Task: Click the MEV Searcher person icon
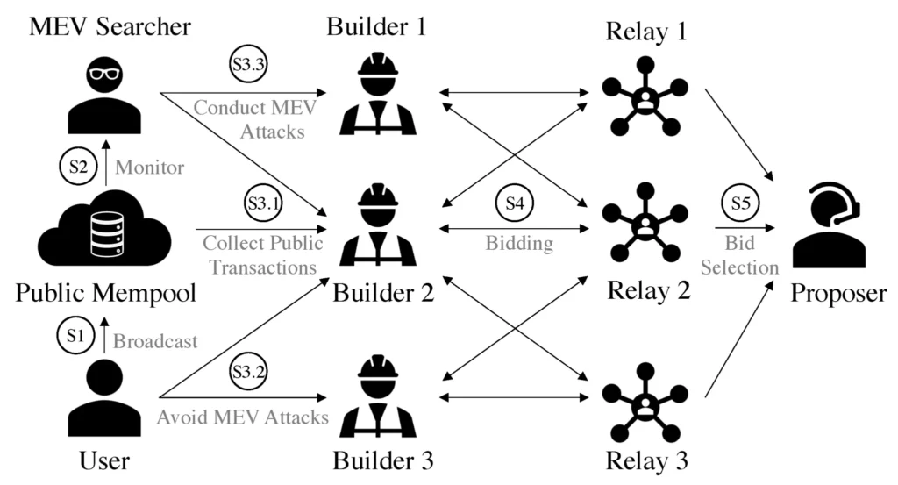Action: coord(105,97)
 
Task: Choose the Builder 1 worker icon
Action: coord(379,92)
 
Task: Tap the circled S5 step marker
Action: coord(740,203)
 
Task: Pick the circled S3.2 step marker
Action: coord(246,375)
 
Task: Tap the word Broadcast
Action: coord(155,340)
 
